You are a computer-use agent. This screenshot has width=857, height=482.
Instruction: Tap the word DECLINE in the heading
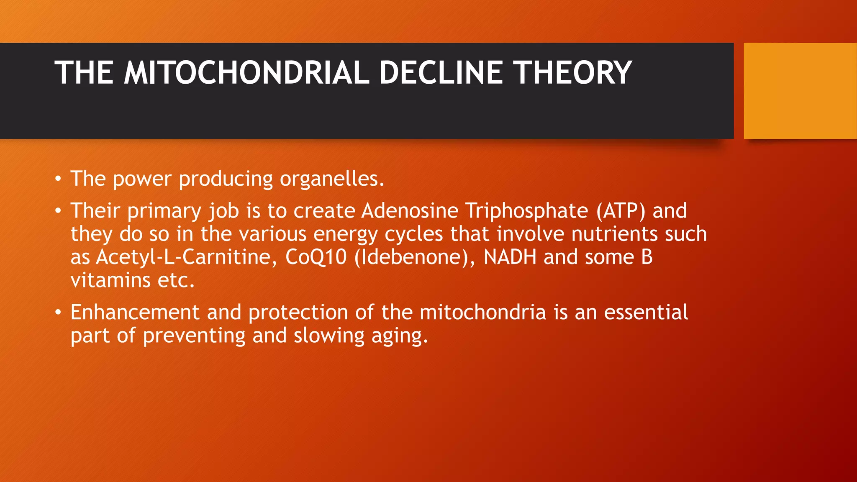tap(441, 73)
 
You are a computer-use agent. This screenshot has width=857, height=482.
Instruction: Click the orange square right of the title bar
tap(800, 91)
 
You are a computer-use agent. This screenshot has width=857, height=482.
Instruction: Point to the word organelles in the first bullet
tap(331, 179)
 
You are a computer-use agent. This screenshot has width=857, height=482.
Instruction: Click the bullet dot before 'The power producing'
tap(58, 179)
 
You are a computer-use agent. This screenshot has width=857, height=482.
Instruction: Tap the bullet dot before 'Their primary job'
tap(58, 211)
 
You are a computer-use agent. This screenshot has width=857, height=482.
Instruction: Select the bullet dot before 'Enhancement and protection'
tap(58, 313)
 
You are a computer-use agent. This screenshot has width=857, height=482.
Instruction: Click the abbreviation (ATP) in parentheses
tap(621, 211)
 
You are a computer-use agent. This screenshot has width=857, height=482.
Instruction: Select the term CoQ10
tap(316, 257)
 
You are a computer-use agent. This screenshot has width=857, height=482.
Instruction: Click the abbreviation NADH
tap(510, 257)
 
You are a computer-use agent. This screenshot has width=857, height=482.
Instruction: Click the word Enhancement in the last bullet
tap(135, 313)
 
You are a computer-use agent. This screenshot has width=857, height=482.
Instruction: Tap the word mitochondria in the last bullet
tap(483, 313)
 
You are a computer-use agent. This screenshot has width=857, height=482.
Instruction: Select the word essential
tap(646, 313)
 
